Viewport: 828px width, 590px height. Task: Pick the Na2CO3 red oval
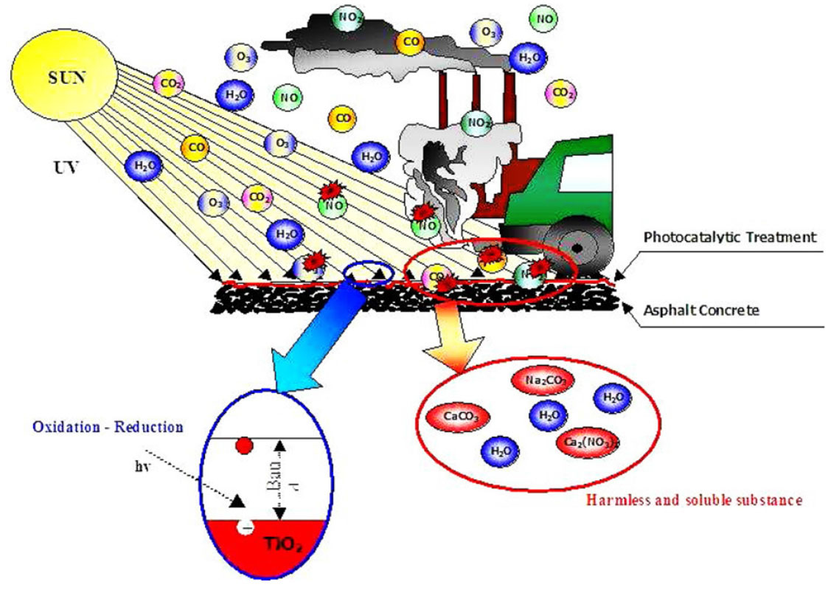tap(543, 381)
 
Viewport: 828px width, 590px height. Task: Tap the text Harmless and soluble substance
tap(694, 500)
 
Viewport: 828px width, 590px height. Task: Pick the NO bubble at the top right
tap(546, 18)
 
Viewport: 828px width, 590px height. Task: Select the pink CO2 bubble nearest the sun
tap(168, 83)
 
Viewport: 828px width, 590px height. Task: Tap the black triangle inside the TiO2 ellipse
tap(237, 501)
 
